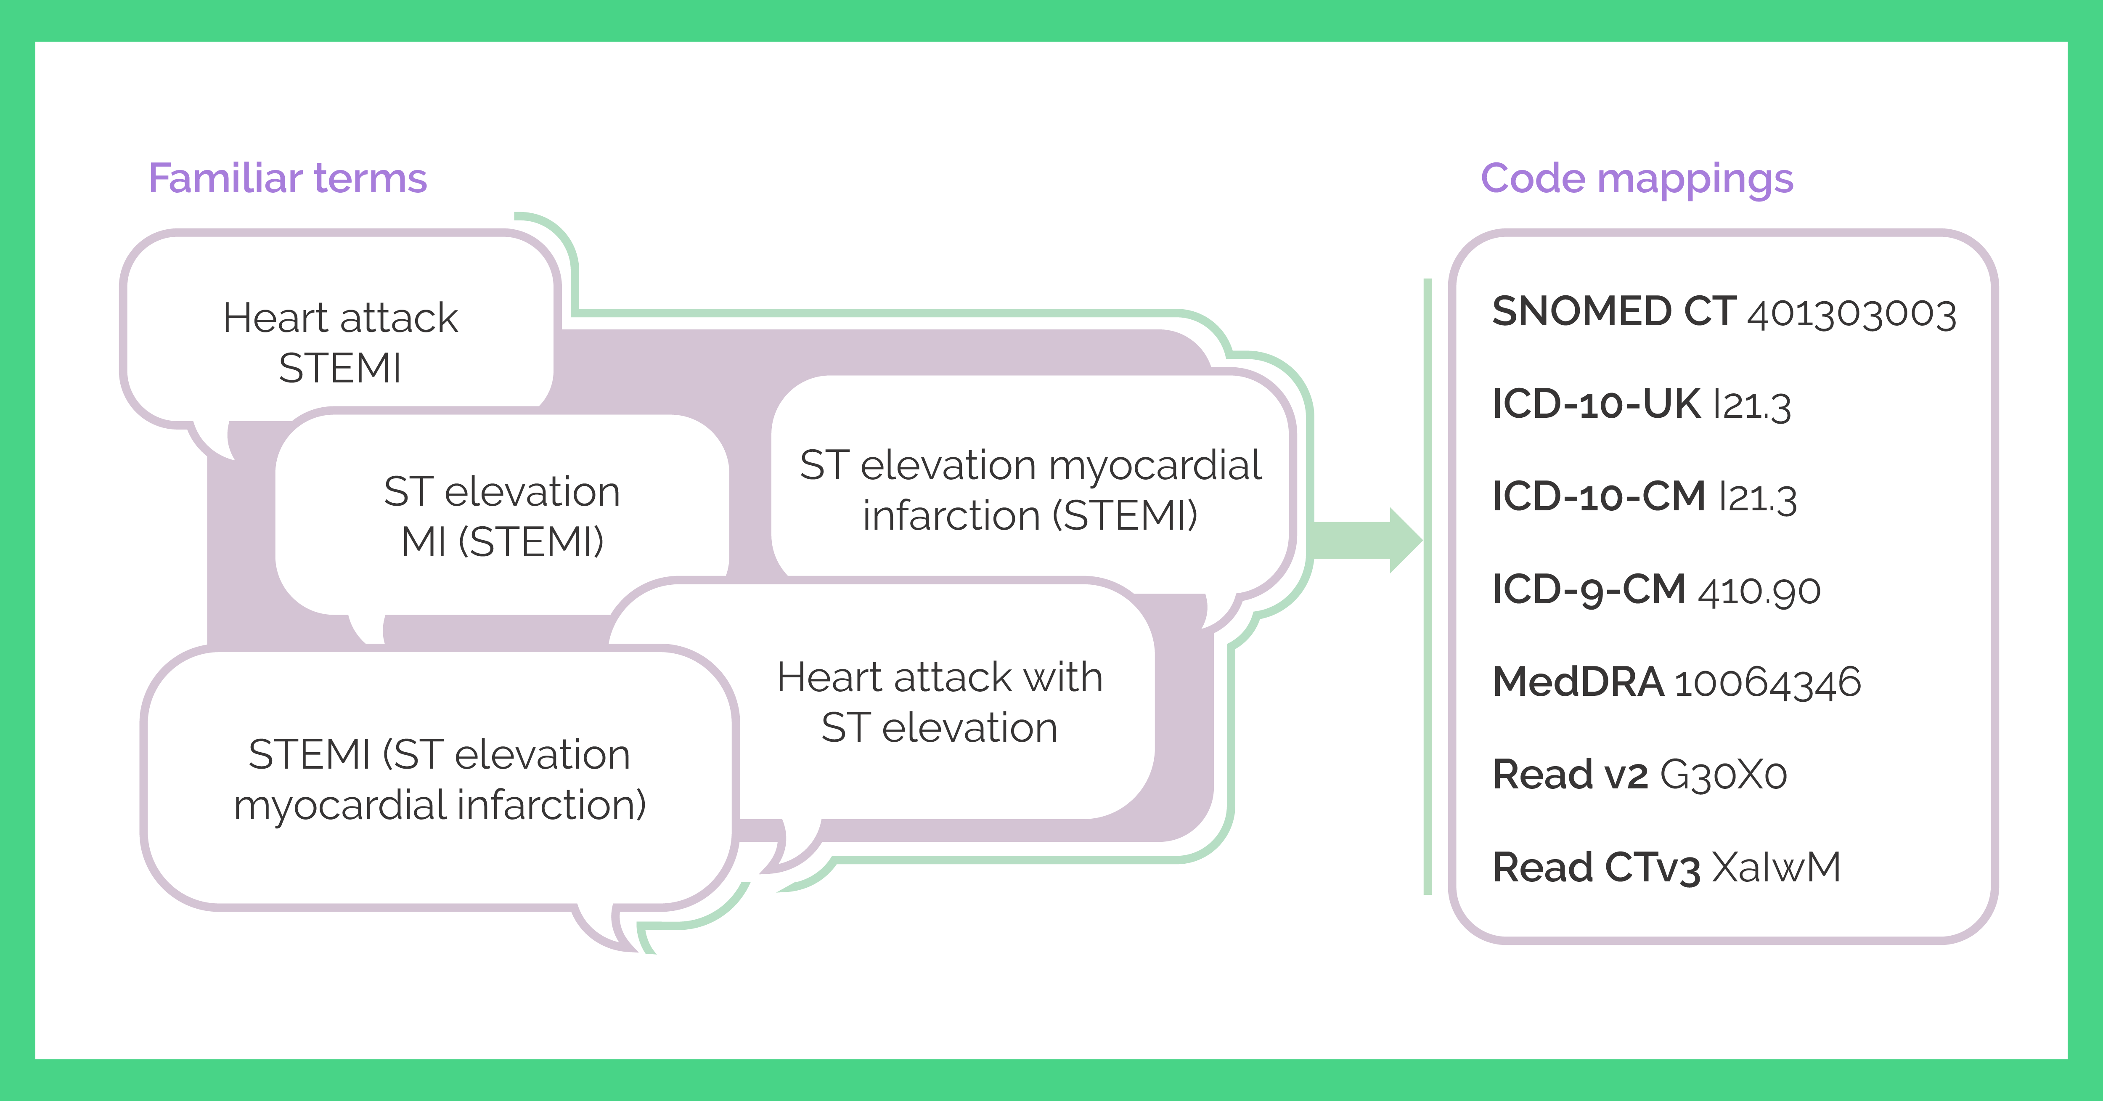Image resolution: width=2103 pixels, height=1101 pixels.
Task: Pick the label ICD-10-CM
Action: (x=1598, y=496)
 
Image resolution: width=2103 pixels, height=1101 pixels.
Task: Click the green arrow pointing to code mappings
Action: (x=1363, y=540)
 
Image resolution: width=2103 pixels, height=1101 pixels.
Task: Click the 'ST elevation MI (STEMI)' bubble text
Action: (x=502, y=516)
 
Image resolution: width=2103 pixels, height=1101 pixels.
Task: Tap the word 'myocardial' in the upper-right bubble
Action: (x=1155, y=466)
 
